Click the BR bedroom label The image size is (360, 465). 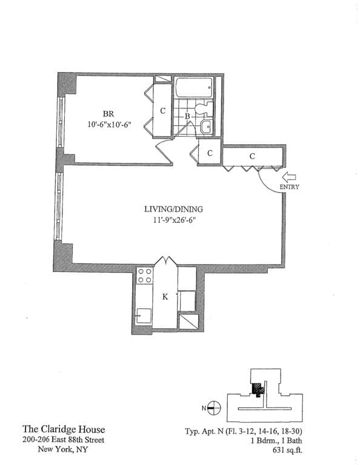[108, 114]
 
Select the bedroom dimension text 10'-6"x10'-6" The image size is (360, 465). [109, 125]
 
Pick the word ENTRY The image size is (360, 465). [289, 187]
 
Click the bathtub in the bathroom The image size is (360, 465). [194, 90]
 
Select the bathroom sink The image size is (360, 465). [206, 127]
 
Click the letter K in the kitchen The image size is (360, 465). [164, 297]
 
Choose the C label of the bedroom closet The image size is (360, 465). [162, 111]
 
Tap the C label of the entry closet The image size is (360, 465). [252, 156]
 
